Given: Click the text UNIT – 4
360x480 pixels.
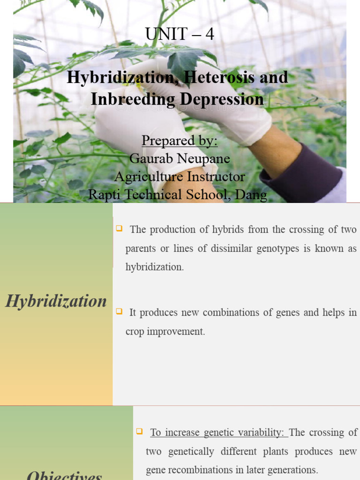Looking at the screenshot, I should [180, 34].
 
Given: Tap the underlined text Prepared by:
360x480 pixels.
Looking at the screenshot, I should [180, 141].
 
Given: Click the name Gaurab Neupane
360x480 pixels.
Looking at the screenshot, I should [180, 158].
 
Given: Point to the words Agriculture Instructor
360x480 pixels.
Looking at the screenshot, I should [180, 177].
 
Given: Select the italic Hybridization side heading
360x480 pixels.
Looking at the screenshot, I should [56, 301].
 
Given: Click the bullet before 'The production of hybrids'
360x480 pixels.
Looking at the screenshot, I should [119, 228].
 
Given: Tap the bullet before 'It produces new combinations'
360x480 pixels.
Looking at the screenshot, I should [119, 311].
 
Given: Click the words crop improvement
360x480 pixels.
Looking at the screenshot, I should [165, 331].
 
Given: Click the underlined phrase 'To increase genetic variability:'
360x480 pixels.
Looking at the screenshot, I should [218, 433].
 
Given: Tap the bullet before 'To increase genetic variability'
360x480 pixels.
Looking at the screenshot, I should [139, 431].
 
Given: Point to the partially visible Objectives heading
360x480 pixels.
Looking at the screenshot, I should [64, 475].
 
